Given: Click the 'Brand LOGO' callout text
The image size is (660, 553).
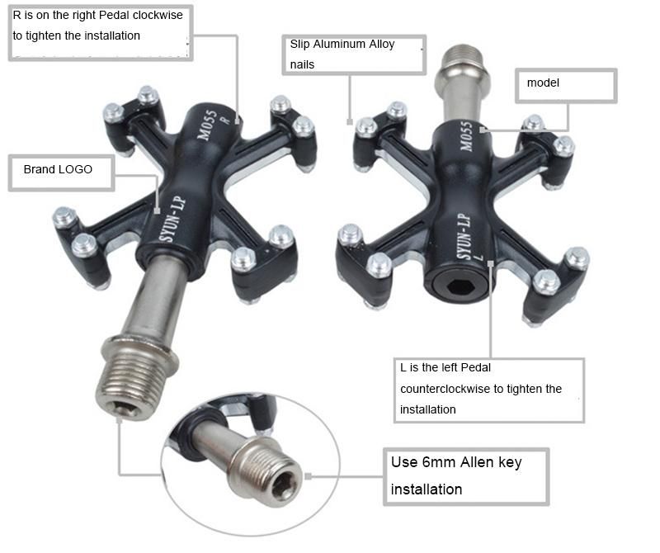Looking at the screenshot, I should point(58,169).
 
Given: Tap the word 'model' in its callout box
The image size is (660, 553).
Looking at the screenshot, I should point(544,83).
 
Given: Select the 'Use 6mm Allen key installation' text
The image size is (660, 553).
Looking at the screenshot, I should point(455,475).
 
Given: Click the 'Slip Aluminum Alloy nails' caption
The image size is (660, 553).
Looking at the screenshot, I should point(342,54).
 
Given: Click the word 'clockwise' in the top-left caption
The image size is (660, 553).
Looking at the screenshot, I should point(161,15).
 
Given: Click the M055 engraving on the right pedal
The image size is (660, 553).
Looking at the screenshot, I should point(466,134).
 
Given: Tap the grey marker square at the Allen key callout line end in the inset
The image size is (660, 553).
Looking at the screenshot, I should point(309,476).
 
